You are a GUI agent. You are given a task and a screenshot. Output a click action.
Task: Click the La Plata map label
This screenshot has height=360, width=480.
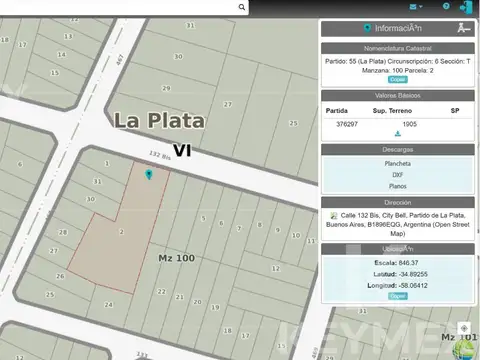(x=159, y=121)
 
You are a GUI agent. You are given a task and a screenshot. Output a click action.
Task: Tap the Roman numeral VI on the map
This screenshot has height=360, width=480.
(x=181, y=150)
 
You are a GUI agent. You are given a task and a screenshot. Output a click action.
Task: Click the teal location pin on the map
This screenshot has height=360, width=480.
(x=149, y=175)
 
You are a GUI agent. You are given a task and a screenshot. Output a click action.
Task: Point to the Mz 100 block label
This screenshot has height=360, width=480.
(x=176, y=258)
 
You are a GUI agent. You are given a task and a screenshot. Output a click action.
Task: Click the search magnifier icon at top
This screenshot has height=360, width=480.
(x=242, y=7)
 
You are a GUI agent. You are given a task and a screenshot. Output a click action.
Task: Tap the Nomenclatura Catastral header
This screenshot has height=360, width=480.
(x=397, y=47)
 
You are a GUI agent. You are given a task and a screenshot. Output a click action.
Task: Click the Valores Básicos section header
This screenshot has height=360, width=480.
(x=397, y=96)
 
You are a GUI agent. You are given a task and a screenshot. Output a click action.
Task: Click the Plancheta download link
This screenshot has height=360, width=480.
(x=397, y=163)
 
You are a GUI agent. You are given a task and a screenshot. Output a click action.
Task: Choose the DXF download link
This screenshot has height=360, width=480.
(x=397, y=174)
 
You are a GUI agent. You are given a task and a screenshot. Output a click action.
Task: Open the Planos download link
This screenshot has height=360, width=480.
(x=397, y=186)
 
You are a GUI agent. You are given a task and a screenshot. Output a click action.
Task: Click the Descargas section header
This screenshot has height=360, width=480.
(x=397, y=150)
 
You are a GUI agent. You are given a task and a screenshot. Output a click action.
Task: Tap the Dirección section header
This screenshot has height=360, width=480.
(x=397, y=201)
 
